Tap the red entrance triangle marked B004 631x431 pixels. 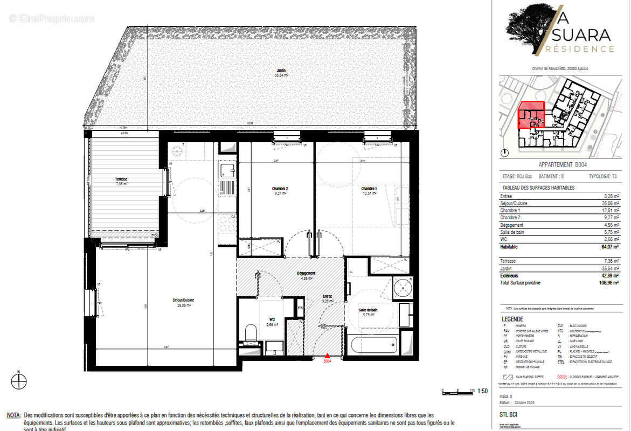327,355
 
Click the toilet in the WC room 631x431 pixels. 250,332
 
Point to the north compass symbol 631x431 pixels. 19,381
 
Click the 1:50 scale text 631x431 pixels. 482,391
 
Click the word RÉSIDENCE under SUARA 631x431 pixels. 579,49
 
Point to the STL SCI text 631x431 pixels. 509,415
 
